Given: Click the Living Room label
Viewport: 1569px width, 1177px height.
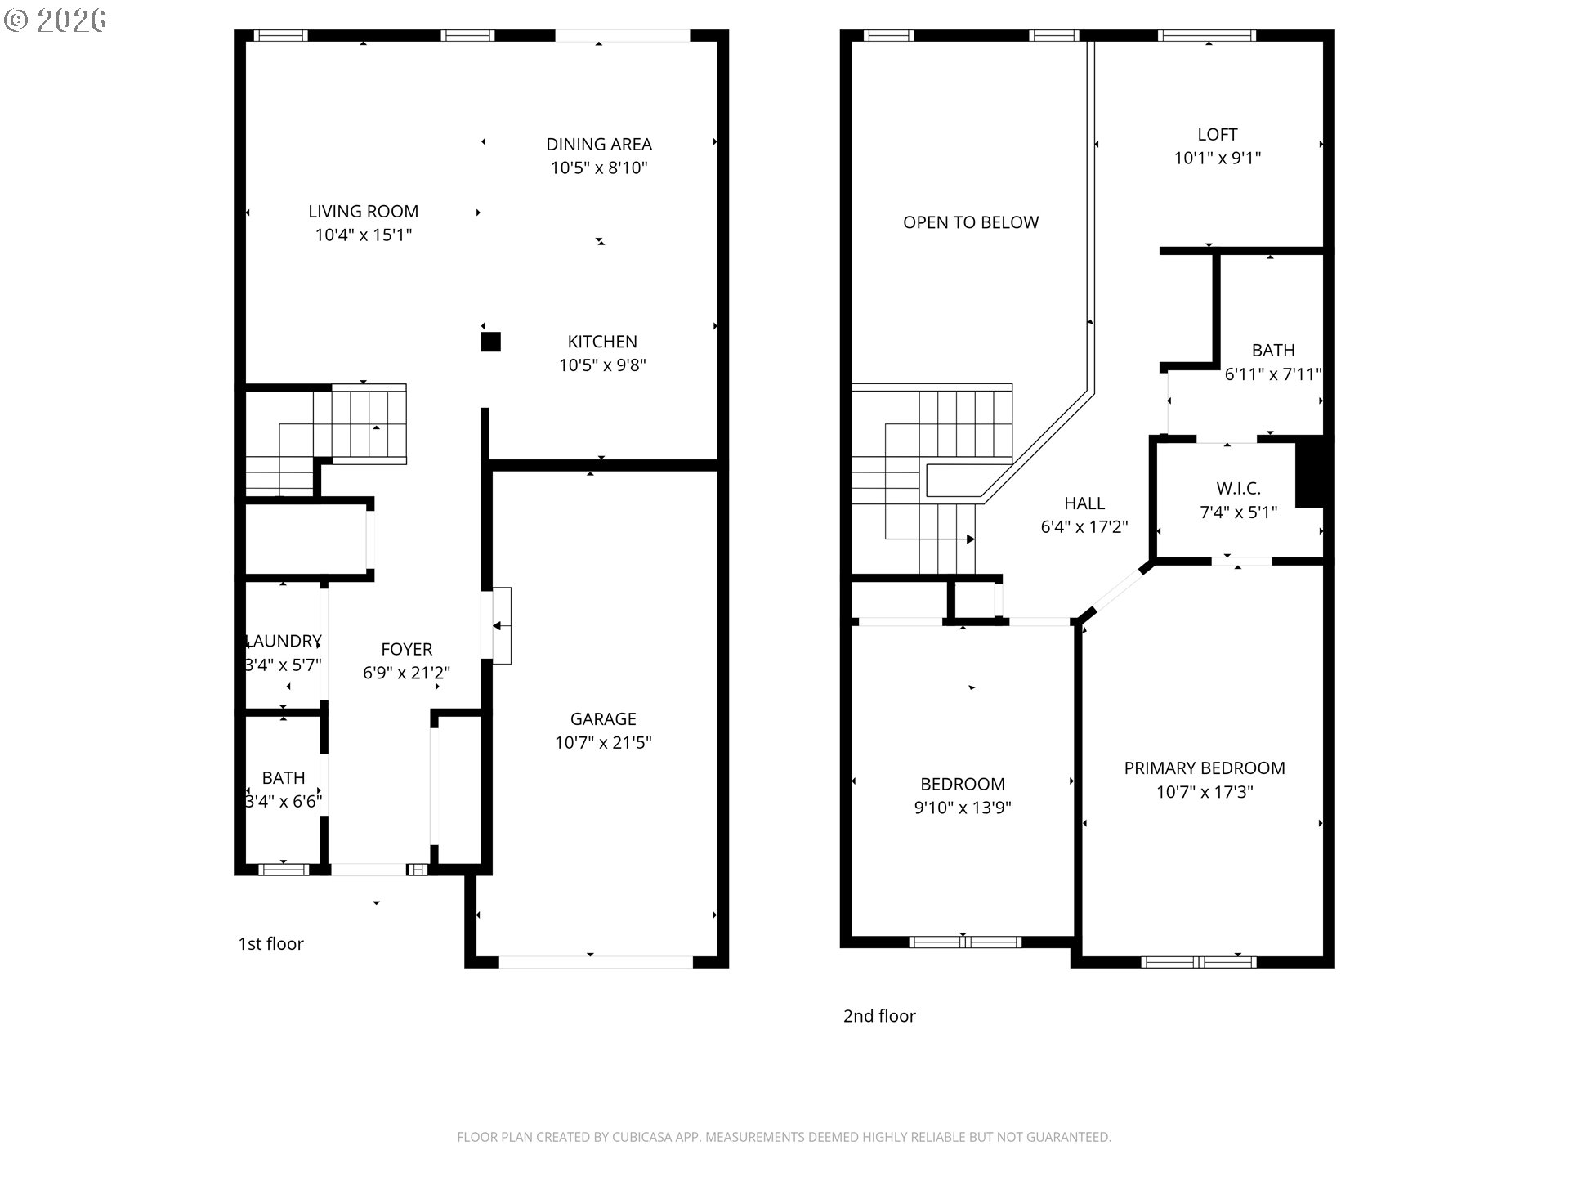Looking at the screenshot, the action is pyautogui.click(x=363, y=211).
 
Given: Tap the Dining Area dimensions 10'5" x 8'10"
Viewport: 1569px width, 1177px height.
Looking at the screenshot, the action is pyautogui.click(x=599, y=168).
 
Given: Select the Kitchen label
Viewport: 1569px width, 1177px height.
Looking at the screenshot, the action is pyautogui.click(x=602, y=341).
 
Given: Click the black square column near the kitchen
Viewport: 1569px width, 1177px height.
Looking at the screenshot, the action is pyautogui.click(x=490, y=342).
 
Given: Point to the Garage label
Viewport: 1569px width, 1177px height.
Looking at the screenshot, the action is pyautogui.click(x=603, y=718).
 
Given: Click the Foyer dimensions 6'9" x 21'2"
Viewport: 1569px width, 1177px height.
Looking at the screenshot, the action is pyautogui.click(x=406, y=673).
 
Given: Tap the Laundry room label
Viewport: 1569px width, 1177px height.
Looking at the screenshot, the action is pyautogui.click(x=284, y=641).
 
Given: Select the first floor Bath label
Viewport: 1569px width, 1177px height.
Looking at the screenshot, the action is pyautogui.click(x=284, y=777).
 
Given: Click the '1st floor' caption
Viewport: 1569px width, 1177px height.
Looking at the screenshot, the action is pyautogui.click(x=270, y=943).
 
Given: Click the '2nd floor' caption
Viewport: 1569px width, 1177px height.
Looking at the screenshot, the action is pyautogui.click(x=879, y=1015).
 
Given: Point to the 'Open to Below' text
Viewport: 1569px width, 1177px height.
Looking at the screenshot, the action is pyautogui.click(x=971, y=222).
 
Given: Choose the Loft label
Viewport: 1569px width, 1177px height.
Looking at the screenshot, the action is pyautogui.click(x=1218, y=134).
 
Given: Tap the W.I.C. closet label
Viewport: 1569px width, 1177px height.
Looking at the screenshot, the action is pyautogui.click(x=1238, y=488).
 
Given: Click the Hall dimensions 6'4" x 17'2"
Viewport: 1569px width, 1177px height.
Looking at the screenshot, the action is pyautogui.click(x=1084, y=526).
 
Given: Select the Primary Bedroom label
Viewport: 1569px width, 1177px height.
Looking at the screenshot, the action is pyautogui.click(x=1205, y=768).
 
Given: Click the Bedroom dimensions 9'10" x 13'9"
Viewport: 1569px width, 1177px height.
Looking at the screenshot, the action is pyautogui.click(x=963, y=808).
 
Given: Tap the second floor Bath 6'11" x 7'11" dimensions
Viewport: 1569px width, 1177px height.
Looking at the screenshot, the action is pyautogui.click(x=1273, y=374).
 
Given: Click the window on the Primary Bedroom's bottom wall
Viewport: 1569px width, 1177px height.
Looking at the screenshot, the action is pyautogui.click(x=1199, y=962).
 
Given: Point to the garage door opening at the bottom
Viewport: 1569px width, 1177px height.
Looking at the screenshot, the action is pyautogui.click(x=596, y=962).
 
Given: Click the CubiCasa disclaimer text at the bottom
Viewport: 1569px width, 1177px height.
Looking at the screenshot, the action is pyautogui.click(x=784, y=1137).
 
